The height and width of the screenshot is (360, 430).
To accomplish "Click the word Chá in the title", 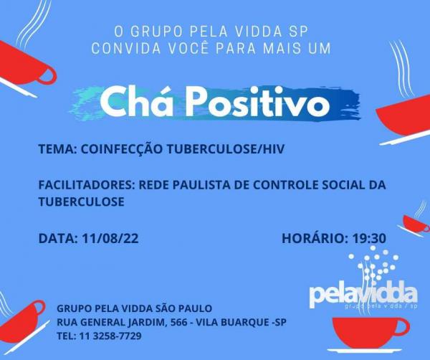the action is coord(136,100).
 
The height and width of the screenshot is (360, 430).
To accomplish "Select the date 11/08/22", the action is coord(110,238).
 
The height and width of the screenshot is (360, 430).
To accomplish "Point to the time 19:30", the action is coord(369,238).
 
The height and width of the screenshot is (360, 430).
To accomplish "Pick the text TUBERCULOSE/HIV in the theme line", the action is coord(226,149).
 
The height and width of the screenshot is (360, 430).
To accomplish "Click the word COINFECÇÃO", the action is coord(122,148).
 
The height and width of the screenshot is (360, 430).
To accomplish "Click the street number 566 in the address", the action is coord(179,322).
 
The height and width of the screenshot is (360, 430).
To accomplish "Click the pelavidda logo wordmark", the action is coord(363,295).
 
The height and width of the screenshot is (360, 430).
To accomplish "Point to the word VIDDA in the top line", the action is coord(258,31).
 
